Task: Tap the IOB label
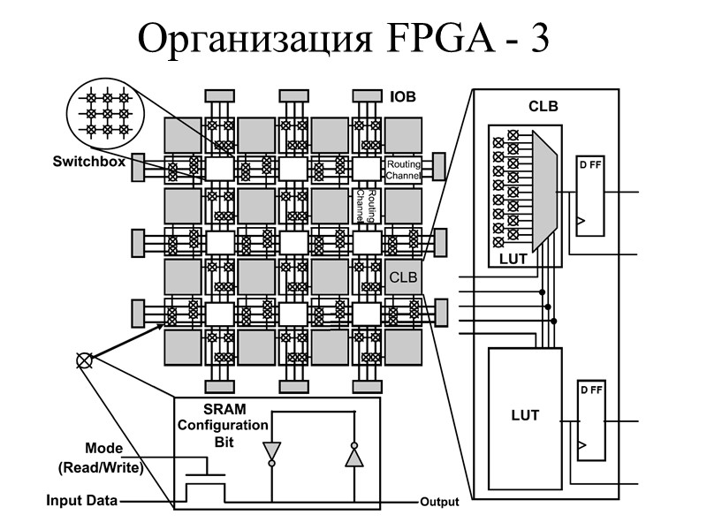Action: [x=403, y=96]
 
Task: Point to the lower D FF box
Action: [x=589, y=420]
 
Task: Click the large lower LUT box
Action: [x=525, y=415]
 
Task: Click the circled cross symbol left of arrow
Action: [x=84, y=360]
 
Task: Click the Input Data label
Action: [x=81, y=501]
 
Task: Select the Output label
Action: [x=439, y=502]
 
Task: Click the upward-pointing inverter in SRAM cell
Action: [x=353, y=455]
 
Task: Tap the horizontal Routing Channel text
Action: [x=401, y=169]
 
